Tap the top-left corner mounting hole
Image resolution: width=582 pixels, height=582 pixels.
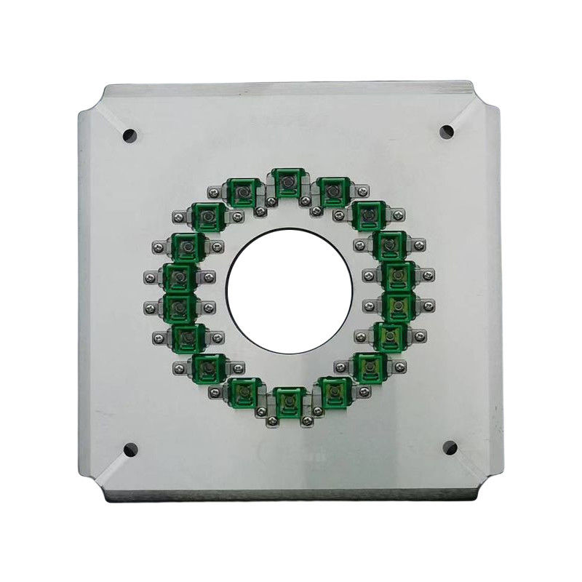[129, 135]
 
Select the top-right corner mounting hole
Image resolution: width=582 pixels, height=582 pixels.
[447, 132]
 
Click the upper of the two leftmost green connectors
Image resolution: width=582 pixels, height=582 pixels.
[178, 276]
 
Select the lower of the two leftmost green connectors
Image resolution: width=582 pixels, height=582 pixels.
[178, 306]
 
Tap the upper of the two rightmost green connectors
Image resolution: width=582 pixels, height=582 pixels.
[397, 274]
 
